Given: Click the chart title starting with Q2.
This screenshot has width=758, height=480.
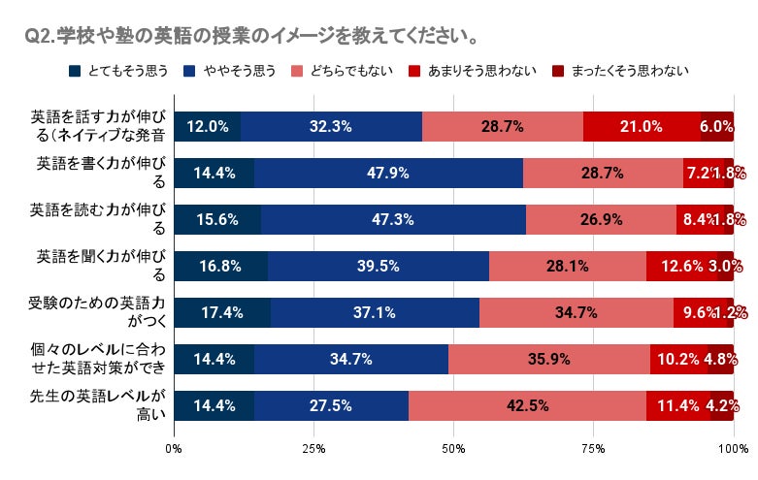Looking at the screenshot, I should pyautogui.click(x=251, y=38).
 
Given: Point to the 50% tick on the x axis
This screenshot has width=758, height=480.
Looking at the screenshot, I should pyautogui.click(x=453, y=449).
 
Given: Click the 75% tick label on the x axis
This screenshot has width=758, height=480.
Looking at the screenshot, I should pyautogui.click(x=593, y=449).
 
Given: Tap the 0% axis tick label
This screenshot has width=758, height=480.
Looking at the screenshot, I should pyautogui.click(x=175, y=449).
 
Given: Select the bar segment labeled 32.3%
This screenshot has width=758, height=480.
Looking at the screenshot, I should pyautogui.click(x=331, y=126).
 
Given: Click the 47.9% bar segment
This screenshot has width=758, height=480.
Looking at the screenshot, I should pyautogui.click(x=388, y=173).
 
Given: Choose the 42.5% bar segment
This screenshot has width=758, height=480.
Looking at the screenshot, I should pyautogui.click(x=527, y=405).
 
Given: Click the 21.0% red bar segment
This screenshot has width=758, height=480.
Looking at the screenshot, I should pyautogui.click(x=642, y=126).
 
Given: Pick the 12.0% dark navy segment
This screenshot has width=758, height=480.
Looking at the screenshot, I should pyautogui.click(x=208, y=126).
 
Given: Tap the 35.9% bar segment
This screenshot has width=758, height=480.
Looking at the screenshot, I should pyautogui.click(x=549, y=359).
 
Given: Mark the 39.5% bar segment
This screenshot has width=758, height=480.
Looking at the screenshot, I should pyautogui.click(x=379, y=266).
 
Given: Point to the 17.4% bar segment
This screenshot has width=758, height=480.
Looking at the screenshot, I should pyautogui.click(x=222, y=312).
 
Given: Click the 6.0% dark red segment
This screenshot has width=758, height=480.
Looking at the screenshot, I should pyautogui.click(x=717, y=126).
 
